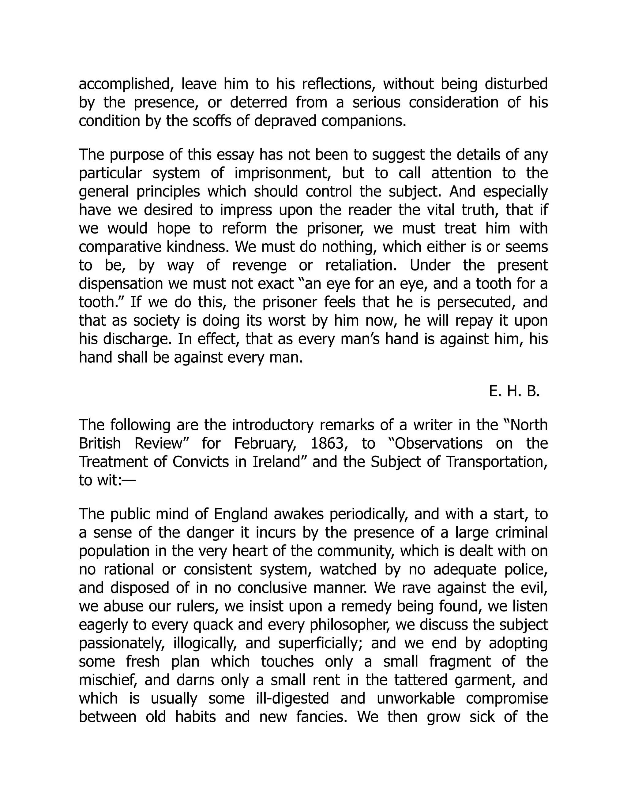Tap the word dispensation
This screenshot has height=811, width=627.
121,284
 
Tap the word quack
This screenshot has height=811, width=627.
214,625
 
